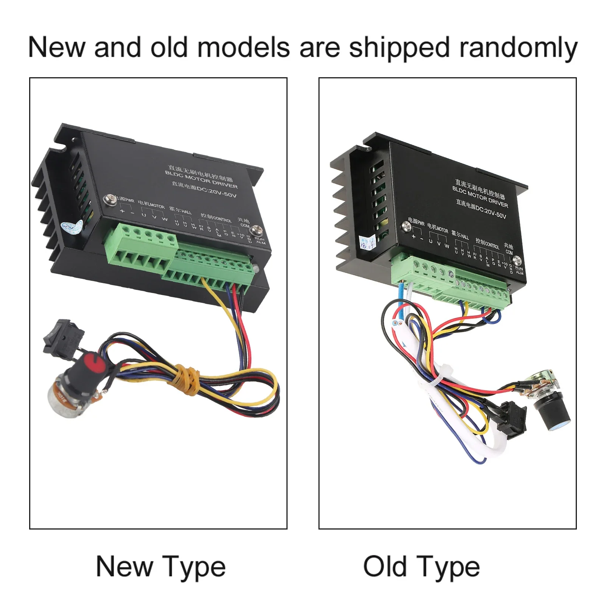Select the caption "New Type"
(x=161, y=567)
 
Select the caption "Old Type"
(x=421, y=567)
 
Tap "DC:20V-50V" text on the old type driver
(x=491, y=212)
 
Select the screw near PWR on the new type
(x=111, y=199)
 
